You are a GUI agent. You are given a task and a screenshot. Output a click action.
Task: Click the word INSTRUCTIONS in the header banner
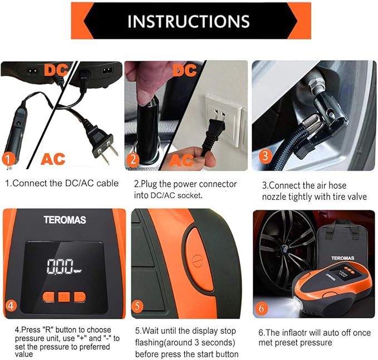188,21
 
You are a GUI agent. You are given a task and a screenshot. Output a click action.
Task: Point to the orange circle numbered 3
266,155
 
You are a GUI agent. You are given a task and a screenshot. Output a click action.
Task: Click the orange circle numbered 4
11,305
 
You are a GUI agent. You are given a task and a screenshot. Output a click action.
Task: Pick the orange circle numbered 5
139,305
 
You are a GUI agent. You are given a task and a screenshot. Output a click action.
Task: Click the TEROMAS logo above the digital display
65,220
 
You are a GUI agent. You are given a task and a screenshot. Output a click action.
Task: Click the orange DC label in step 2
184,71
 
